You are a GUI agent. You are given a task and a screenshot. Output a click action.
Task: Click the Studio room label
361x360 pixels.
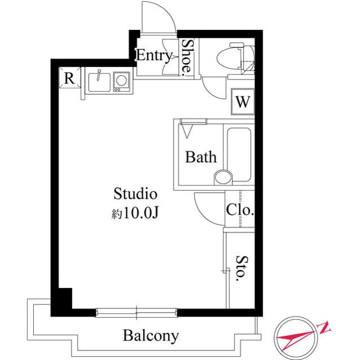click(135, 194)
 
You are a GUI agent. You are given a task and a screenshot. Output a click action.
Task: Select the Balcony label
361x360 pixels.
click(151, 336)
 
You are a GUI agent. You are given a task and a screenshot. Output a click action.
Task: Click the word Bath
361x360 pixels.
click(201, 157)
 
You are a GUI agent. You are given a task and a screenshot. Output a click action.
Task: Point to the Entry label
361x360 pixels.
click(153, 55)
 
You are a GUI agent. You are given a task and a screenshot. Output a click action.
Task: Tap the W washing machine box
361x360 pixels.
click(243, 102)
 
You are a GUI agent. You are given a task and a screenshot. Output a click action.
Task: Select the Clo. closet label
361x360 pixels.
click(240, 211)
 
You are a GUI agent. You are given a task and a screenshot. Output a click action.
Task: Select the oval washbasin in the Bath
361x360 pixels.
click(223, 176)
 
